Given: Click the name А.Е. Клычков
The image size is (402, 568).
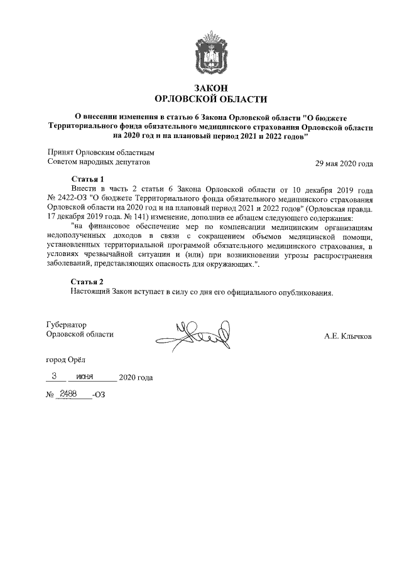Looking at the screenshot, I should point(347,337).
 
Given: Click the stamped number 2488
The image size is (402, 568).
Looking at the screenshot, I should point(68,394).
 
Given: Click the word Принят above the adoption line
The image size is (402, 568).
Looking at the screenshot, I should point(60,152).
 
